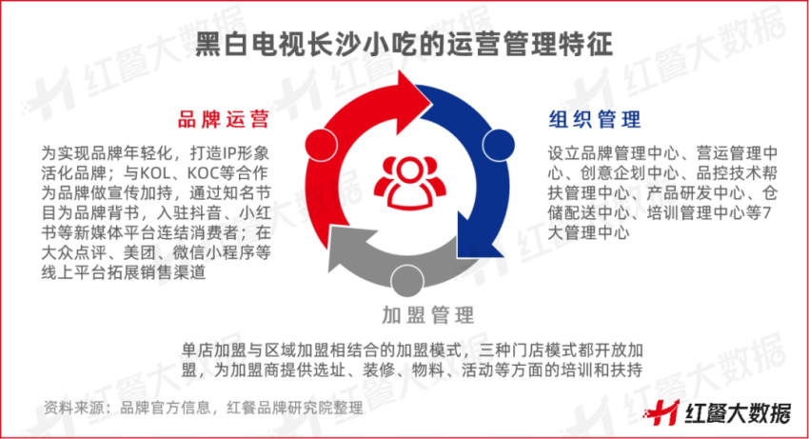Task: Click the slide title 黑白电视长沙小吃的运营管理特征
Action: [404, 45]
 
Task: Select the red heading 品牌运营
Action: [222, 121]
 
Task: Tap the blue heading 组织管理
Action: [595, 121]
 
